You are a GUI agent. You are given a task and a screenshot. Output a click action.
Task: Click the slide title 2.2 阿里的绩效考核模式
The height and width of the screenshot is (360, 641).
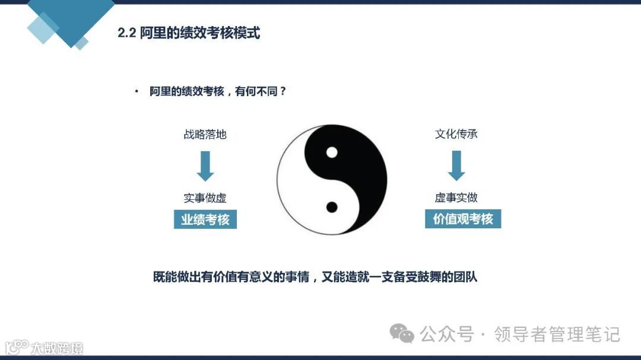coord(189,33)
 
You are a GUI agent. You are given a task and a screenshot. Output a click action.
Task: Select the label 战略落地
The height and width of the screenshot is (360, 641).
coord(205,134)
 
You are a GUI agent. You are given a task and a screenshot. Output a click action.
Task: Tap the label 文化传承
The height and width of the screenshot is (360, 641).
coord(456,133)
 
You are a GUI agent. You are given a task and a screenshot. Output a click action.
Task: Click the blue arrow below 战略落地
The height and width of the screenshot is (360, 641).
coord(205,165)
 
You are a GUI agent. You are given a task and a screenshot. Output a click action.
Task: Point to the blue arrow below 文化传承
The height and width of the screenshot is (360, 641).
coord(456,165)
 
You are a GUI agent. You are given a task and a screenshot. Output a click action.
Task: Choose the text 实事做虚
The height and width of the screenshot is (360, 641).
coord(205,198)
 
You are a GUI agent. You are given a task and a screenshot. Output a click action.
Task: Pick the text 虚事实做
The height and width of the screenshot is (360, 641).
coord(456,197)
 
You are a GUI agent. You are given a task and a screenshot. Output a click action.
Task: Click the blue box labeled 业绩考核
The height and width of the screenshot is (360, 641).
coord(205,219)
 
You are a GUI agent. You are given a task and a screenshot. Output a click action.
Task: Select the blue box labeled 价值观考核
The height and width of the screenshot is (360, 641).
coord(463,219)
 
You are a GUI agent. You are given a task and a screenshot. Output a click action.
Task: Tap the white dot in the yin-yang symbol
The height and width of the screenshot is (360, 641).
coord(332,152)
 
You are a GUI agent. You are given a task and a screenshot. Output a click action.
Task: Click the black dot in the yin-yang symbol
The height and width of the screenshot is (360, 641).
coord(332,207)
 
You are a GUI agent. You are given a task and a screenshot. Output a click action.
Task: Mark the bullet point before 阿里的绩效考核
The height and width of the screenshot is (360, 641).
coord(137,91)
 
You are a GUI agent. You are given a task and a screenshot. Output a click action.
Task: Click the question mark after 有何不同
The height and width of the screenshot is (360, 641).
coord(283,92)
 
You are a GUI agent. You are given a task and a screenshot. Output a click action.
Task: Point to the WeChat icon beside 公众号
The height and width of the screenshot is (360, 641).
coord(405,334)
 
